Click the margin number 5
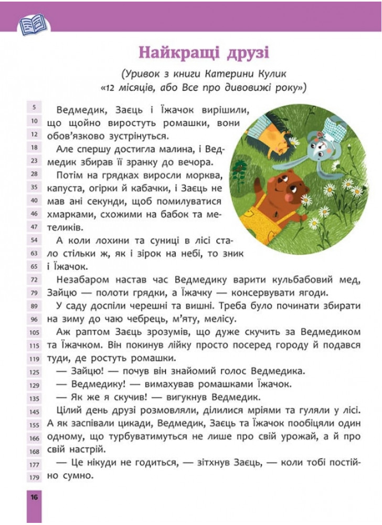click(x=34, y=108)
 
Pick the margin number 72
click(x=34, y=279)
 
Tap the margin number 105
click(x=34, y=332)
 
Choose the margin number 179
click(x=34, y=477)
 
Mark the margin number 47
click(x=34, y=227)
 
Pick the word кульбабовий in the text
click(x=291, y=279)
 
